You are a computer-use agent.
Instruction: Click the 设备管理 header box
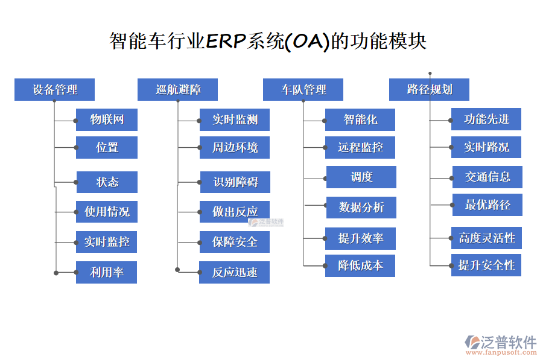(55, 90)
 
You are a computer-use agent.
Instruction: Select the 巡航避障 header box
(178, 90)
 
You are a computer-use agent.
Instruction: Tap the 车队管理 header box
(303, 90)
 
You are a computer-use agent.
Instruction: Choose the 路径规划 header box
(429, 90)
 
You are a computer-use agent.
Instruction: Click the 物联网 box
(107, 119)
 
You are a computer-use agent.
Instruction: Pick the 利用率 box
(107, 272)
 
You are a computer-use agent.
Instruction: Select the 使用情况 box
(107, 212)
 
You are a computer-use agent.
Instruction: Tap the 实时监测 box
(235, 119)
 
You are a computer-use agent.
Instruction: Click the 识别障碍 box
(235, 182)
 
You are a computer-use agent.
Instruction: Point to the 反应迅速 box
(235, 272)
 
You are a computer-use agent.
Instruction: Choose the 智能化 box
(360, 119)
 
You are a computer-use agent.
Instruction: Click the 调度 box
(361, 177)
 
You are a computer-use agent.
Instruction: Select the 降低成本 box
(360, 265)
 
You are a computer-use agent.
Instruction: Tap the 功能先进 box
(486, 119)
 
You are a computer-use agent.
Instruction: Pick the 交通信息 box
(487, 177)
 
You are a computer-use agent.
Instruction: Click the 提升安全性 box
(486, 265)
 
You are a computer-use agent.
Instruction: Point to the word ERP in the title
(226, 41)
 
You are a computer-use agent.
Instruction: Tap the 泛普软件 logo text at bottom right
(508, 342)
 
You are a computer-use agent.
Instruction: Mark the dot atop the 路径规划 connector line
(430, 72)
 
